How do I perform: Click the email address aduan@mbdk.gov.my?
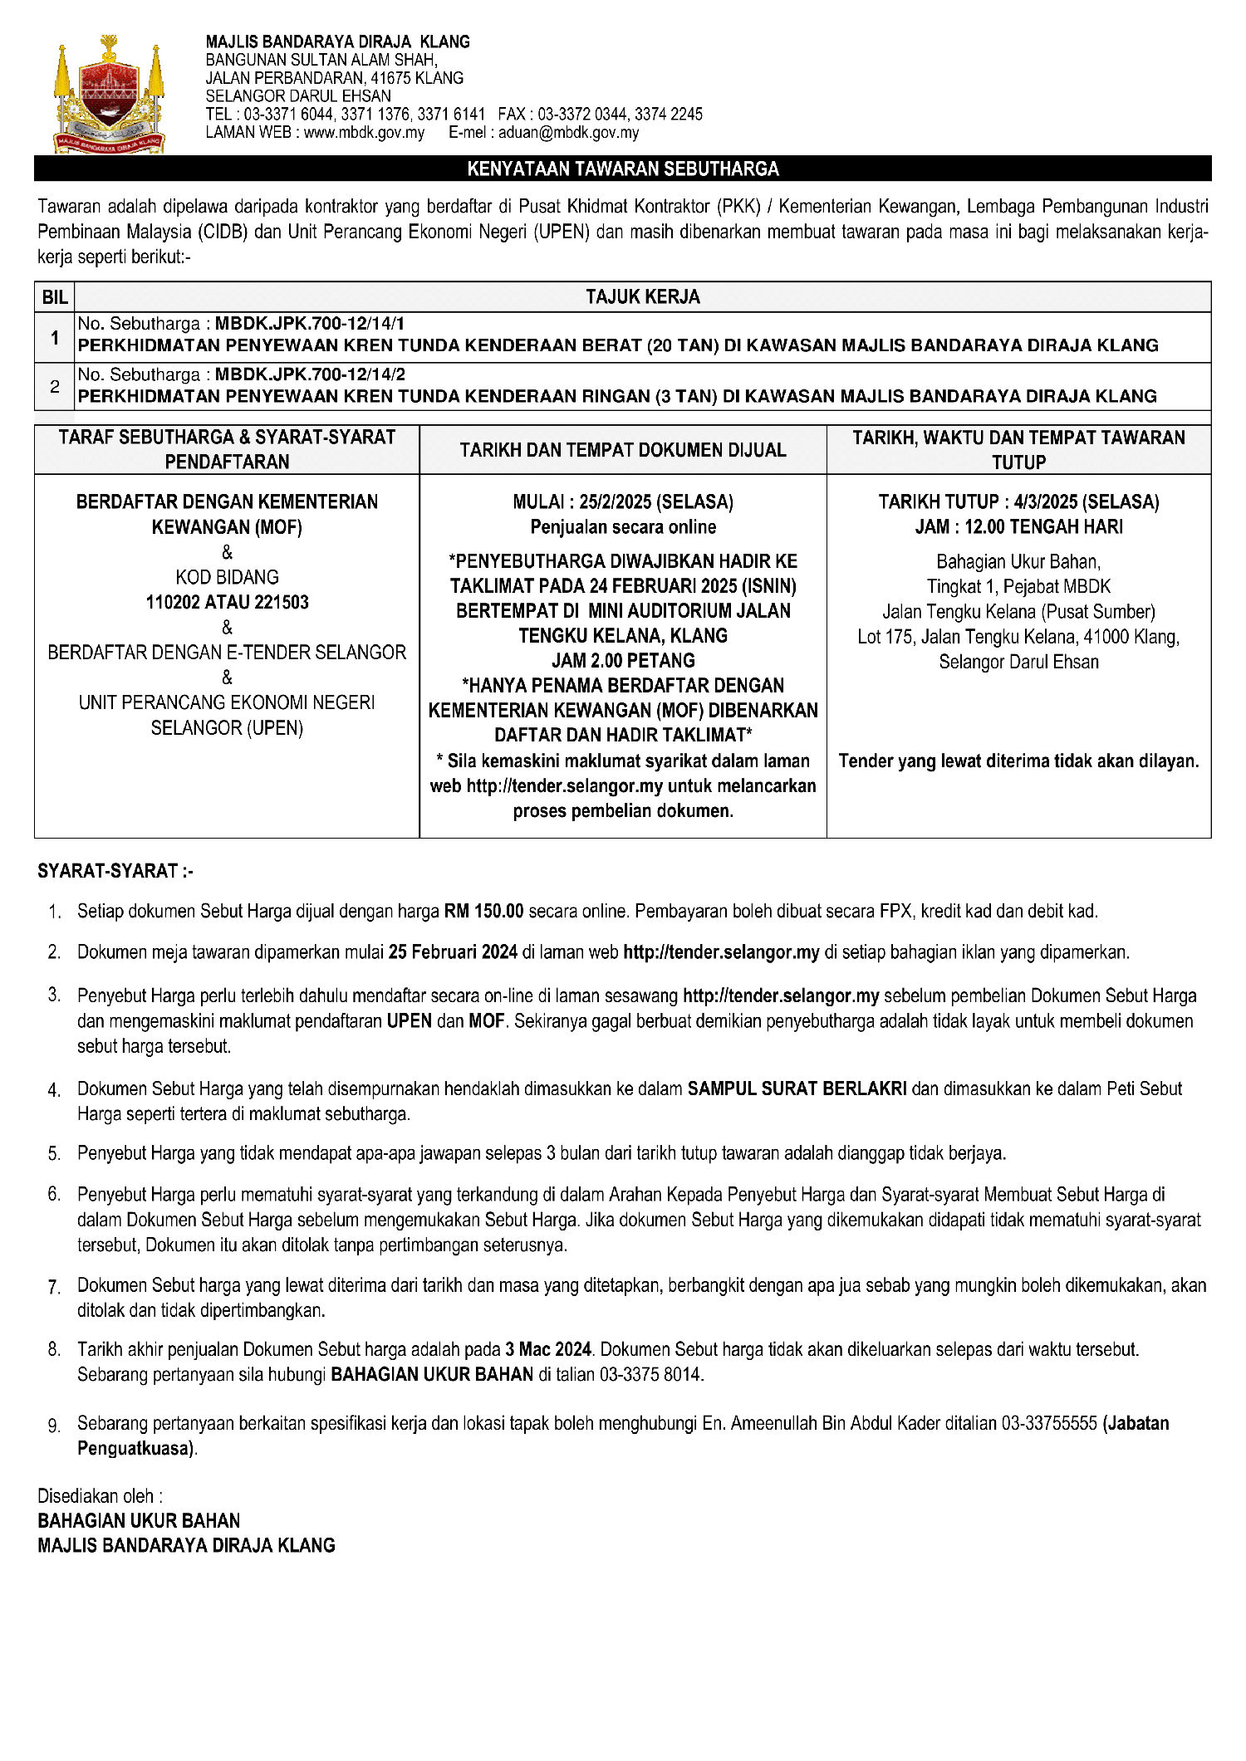[x=568, y=133]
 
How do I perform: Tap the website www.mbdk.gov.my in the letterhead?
[x=364, y=133]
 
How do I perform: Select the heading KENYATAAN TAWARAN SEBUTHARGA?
[x=623, y=169]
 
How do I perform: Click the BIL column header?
[x=55, y=297]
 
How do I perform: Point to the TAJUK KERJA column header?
[x=642, y=297]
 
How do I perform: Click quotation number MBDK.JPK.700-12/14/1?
[x=309, y=324]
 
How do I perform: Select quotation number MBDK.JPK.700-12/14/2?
[x=310, y=374]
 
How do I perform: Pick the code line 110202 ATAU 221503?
[x=227, y=602]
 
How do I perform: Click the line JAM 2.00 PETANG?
[x=623, y=661]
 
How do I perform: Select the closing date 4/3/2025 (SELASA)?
[x=1086, y=501]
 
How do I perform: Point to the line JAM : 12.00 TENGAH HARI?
[x=1018, y=526]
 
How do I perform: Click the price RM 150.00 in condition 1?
[x=483, y=911]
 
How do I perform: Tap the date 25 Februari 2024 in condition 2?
[x=453, y=952]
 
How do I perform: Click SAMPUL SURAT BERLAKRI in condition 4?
[x=797, y=1088]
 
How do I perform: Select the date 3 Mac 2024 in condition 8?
[x=548, y=1349]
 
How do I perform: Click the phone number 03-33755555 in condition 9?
[x=1049, y=1423]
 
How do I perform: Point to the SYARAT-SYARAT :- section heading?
[x=115, y=871]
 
